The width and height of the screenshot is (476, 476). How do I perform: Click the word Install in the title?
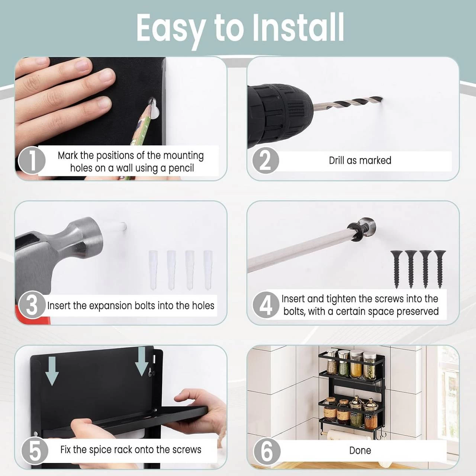(x=298, y=28)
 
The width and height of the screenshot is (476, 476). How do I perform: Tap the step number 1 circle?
(x=32, y=160)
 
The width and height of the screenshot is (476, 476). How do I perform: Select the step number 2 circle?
(x=266, y=161)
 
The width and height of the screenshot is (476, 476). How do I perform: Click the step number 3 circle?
(x=32, y=306)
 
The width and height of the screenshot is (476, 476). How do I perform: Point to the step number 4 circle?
(x=266, y=305)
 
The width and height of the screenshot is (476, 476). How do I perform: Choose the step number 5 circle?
(x=35, y=450)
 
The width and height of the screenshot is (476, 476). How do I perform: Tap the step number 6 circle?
(x=267, y=451)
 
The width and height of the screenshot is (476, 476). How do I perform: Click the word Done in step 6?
(x=360, y=450)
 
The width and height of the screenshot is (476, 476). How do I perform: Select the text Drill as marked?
(x=360, y=160)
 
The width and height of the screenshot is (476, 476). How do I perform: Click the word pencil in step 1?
(x=181, y=168)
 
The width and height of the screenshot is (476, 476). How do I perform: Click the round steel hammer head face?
(x=93, y=238)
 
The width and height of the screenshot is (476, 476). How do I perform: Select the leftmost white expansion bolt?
(x=153, y=270)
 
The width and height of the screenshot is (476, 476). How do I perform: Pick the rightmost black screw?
(x=440, y=269)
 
